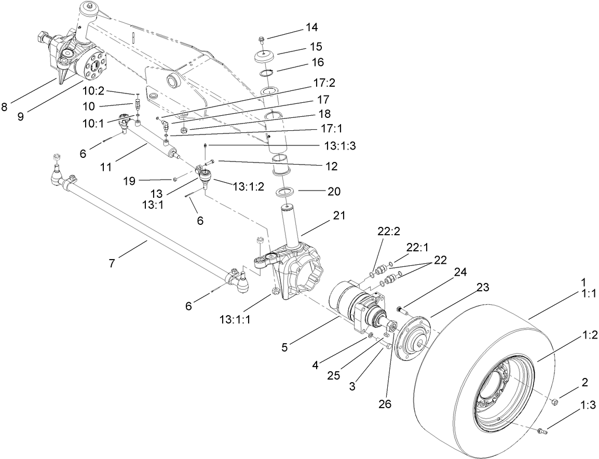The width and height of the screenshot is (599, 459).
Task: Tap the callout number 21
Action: pos(327,215)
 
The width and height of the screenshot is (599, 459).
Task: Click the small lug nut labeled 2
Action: pos(554,401)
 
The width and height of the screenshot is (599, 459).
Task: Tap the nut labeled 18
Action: pos(185,129)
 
